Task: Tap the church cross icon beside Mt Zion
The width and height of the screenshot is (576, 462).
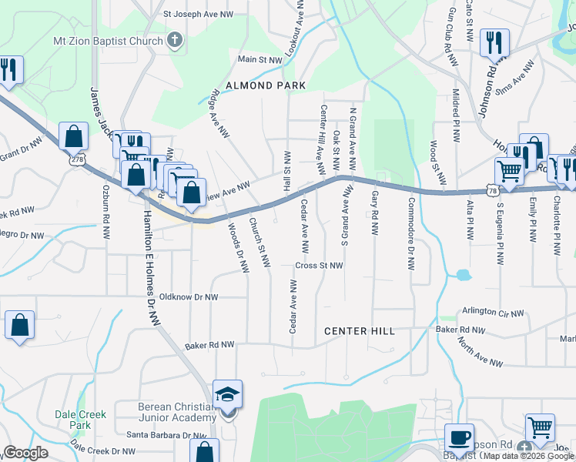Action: point(176,41)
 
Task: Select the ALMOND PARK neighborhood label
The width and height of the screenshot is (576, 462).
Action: point(266,85)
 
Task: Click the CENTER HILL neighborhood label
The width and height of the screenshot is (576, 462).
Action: point(359,331)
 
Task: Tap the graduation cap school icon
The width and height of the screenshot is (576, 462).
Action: point(228,395)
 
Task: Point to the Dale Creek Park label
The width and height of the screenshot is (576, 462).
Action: point(80,419)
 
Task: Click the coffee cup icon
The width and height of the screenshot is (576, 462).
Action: point(460,438)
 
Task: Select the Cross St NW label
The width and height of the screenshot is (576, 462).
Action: point(318,265)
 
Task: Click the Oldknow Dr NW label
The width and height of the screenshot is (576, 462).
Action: point(188,296)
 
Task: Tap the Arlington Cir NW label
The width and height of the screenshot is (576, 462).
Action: point(492,313)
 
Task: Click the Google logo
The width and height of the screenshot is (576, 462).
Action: point(26,453)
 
